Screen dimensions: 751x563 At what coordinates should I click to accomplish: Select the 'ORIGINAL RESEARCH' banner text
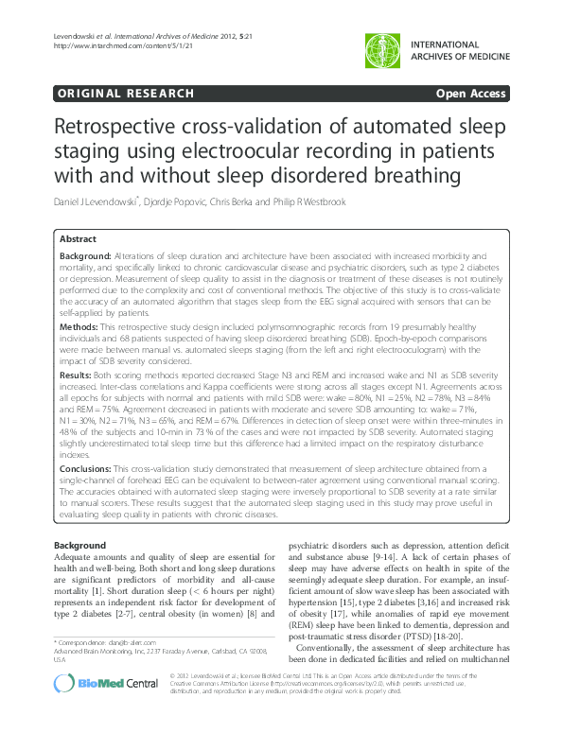(126, 94)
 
